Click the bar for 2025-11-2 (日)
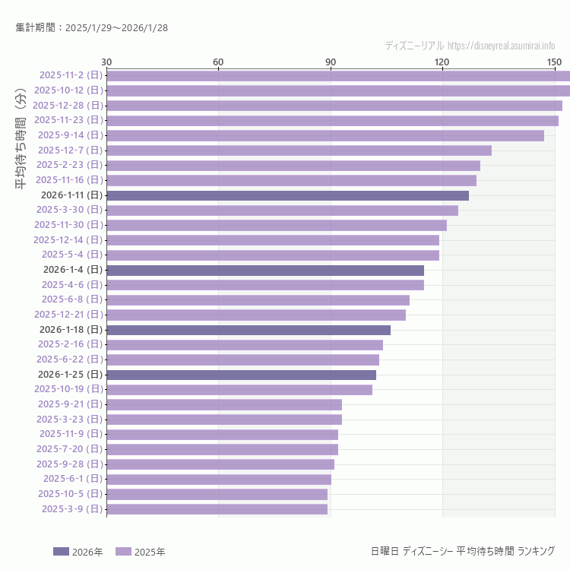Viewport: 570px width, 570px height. (x=338, y=75)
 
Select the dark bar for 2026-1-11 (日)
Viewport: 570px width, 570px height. (x=287, y=195)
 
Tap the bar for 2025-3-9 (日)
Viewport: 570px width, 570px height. (x=217, y=509)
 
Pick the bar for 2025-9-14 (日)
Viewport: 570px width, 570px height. (x=325, y=135)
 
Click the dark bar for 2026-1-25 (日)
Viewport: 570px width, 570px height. (x=241, y=375)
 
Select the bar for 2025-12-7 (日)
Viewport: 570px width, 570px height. (x=299, y=150)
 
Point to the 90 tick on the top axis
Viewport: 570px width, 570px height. (x=331, y=62)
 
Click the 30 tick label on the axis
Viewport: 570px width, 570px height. (x=106, y=62)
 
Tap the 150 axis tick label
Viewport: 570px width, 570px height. (x=554, y=62)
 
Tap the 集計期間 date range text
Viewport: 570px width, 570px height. (x=92, y=28)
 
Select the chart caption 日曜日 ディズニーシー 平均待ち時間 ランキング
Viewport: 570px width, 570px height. (x=462, y=551)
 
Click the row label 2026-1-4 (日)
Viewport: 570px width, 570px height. (x=72, y=270)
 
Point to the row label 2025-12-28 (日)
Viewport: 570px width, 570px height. (x=68, y=106)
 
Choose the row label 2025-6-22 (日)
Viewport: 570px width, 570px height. (x=69, y=359)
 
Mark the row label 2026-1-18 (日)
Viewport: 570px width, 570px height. (x=70, y=330)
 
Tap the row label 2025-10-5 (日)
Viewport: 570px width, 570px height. (x=70, y=494)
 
